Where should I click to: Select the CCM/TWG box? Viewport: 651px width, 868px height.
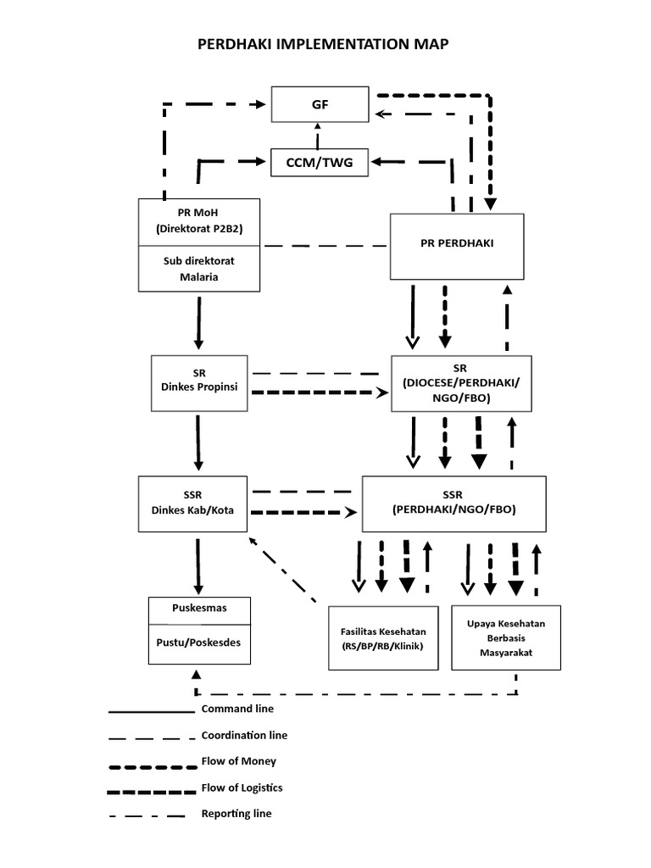[x=320, y=162]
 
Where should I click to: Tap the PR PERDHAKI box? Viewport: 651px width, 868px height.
[x=457, y=246]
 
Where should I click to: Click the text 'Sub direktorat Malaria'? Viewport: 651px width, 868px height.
[x=199, y=268]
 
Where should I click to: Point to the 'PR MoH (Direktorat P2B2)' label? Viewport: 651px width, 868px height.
[x=199, y=221]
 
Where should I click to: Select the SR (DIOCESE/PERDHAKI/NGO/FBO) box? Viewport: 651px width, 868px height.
[x=459, y=383]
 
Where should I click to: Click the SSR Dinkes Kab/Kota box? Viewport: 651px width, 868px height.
[x=192, y=503]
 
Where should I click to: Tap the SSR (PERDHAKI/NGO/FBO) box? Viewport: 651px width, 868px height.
[x=453, y=503]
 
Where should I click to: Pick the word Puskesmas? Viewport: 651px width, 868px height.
[x=199, y=609]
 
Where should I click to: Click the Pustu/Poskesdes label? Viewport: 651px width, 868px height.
[x=199, y=642]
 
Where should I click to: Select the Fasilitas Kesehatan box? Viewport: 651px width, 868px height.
[x=383, y=638]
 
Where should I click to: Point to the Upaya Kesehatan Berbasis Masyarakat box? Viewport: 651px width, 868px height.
[x=505, y=638]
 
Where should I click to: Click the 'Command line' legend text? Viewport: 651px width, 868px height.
[x=237, y=709]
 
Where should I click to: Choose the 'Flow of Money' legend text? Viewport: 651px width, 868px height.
[x=238, y=761]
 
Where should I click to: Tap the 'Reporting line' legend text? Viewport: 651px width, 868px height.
[x=236, y=814]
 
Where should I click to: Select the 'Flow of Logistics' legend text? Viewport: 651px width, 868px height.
[x=242, y=787]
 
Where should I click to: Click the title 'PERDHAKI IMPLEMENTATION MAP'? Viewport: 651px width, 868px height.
[x=321, y=45]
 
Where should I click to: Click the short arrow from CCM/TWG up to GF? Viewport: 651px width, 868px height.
[x=319, y=135]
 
